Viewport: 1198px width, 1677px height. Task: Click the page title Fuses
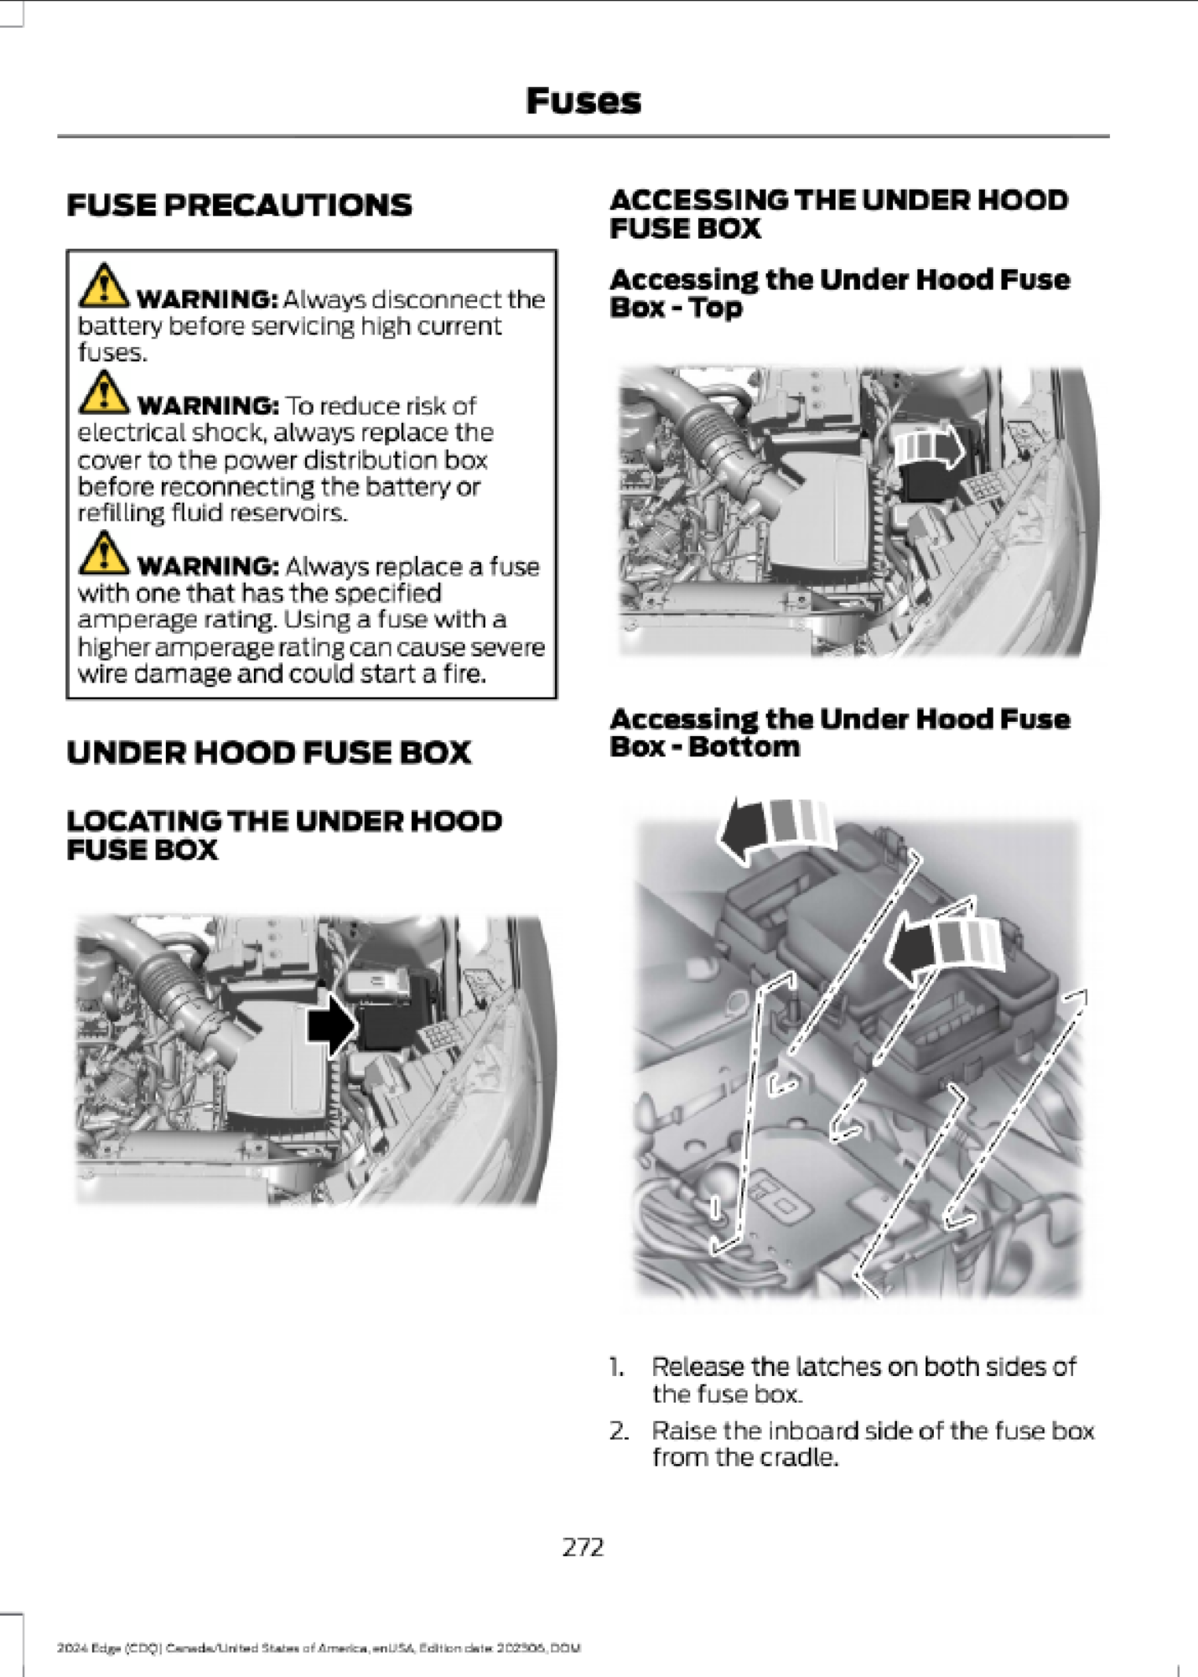583,101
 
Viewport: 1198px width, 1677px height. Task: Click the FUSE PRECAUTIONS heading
239,205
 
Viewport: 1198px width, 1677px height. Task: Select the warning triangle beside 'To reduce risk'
103,392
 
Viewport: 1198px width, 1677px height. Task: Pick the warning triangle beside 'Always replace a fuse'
103,553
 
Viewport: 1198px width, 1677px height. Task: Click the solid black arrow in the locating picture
332,1025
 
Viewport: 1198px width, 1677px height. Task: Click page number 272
583,1546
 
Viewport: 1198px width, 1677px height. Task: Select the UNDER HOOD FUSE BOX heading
268,752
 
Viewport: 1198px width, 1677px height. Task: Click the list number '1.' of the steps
617,1368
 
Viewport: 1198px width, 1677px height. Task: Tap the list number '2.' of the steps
619,1430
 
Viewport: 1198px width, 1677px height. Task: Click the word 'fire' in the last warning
465,674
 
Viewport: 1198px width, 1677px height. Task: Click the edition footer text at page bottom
319,1648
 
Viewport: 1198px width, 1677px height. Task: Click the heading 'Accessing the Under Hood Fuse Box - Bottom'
839,732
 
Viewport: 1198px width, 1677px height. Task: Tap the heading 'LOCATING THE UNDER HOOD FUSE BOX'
283,834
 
